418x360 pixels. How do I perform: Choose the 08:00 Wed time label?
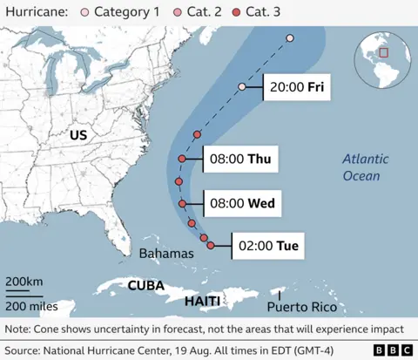[241, 203]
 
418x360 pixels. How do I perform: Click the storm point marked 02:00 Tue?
[211, 247]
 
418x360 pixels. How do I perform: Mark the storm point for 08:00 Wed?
[183, 203]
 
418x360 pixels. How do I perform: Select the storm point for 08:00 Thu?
[181, 160]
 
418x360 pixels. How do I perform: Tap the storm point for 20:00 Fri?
[242, 87]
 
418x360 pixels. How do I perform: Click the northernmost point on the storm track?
[290, 38]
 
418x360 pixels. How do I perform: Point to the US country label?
[80, 135]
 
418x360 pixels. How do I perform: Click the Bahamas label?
[165, 253]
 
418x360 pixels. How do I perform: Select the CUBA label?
[146, 285]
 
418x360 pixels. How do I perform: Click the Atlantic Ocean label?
[361, 167]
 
